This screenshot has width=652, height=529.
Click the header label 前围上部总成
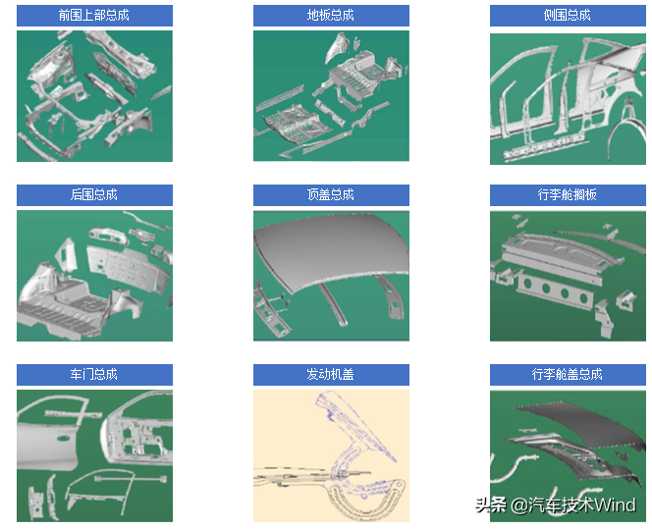(94, 16)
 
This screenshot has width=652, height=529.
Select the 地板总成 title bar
(331, 16)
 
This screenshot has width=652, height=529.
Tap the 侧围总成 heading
(568, 16)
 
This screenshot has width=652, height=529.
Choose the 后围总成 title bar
(94, 195)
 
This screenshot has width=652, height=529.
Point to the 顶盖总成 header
(331, 195)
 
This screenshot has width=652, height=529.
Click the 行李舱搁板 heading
(568, 195)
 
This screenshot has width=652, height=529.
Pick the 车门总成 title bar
(94, 374)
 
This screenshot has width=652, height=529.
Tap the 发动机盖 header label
(331, 374)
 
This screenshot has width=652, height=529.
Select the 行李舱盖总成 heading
(568, 374)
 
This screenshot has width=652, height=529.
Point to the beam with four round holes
(555, 290)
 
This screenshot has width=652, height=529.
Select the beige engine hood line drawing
(331, 455)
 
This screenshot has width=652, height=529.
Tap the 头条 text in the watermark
(491, 505)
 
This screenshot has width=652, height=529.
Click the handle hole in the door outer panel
(63, 439)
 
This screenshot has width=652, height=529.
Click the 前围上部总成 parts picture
(94, 96)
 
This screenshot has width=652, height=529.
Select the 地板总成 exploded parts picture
(331, 95)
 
